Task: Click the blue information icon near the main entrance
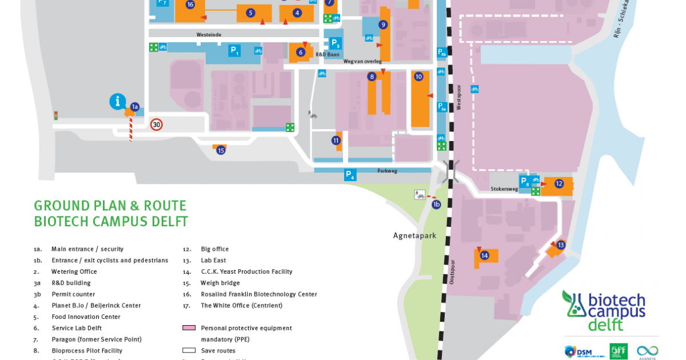click(117, 102)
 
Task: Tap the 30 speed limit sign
click(157, 124)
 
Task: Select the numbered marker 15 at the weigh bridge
click(221, 150)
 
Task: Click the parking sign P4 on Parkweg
click(350, 175)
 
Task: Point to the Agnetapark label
click(414, 235)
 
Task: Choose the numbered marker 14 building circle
click(485, 255)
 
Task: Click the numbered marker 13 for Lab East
click(561, 245)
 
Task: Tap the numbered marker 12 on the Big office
click(559, 183)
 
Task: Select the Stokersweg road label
click(504, 189)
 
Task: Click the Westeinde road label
click(209, 35)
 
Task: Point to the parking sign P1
click(234, 50)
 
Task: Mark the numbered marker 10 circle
click(418, 77)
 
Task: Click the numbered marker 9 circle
click(383, 25)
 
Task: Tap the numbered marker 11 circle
click(336, 140)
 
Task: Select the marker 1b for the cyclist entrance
click(436, 204)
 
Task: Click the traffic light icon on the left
click(55, 115)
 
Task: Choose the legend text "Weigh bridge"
click(220, 283)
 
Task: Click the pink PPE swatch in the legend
click(189, 328)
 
